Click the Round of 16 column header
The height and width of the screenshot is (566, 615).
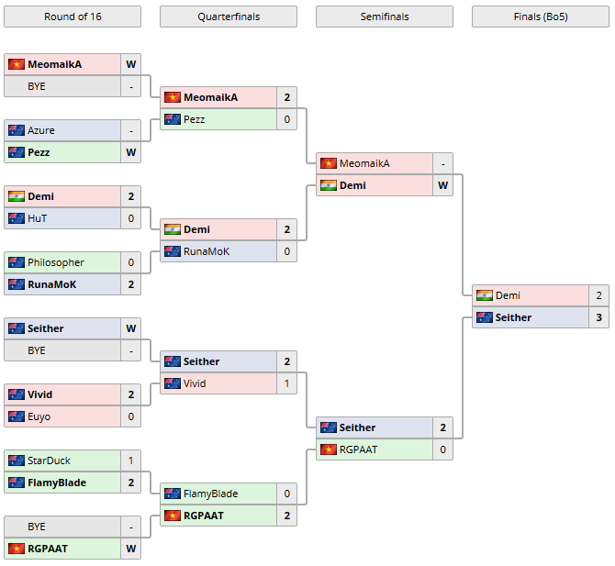coord(73,17)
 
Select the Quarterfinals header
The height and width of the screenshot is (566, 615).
coord(228,17)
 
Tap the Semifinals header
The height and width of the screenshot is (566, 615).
coord(384,17)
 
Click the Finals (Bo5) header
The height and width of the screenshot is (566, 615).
coord(540,17)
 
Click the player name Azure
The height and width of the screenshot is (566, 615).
coord(41,130)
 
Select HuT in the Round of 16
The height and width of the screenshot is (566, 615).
coord(38,218)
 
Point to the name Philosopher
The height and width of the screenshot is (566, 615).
coord(56,262)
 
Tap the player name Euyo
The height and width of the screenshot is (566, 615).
coord(39,416)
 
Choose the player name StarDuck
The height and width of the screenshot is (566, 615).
coord(49,461)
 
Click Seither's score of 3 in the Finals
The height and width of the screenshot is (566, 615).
coord(598,317)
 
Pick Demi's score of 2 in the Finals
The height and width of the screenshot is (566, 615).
coord(598,295)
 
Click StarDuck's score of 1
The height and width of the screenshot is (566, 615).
coord(131,461)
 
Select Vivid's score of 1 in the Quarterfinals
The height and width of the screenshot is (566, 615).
coord(287,383)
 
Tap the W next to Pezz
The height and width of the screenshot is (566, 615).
coord(131,152)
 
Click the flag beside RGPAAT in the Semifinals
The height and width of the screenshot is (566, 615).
coord(328,449)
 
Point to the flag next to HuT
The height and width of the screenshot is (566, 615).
coord(16,218)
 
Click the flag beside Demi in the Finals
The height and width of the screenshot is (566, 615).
coord(484,295)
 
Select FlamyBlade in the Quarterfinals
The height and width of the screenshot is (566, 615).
coord(211,494)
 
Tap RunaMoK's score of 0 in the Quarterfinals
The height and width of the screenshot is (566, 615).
coord(287,251)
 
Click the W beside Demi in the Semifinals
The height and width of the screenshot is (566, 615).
coord(443,185)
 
